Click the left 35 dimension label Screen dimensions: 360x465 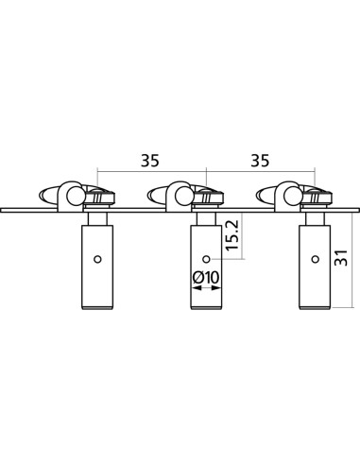click(x=150, y=161)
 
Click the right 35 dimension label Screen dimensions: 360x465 click(x=260, y=161)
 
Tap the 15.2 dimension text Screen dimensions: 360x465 click(x=232, y=235)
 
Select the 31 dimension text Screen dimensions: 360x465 click(x=340, y=258)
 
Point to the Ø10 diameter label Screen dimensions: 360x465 click(x=206, y=278)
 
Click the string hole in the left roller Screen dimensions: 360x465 click(x=97, y=259)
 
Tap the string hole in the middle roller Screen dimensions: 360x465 click(x=206, y=259)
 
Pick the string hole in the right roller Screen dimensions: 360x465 click(x=315, y=259)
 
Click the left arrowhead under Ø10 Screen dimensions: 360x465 click(x=197, y=288)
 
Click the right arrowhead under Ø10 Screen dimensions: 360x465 click(x=216, y=288)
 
